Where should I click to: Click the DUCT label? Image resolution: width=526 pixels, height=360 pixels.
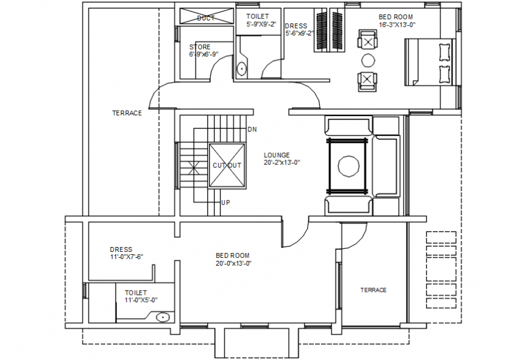coord(206,18)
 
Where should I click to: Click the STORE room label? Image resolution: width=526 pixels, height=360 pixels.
coord(200,47)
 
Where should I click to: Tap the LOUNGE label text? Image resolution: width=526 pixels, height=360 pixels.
coord(276,155)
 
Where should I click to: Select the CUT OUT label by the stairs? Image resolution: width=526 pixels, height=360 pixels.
coord(227,166)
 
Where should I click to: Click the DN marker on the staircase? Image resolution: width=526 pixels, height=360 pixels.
coord(253,130)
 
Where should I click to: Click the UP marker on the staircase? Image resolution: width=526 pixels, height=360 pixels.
coord(225,202)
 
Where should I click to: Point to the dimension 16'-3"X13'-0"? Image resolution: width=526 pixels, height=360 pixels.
coord(397,25)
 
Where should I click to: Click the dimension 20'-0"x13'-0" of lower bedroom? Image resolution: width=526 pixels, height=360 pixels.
coord(233,263)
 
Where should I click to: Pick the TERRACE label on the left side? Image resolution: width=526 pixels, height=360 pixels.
coord(127,113)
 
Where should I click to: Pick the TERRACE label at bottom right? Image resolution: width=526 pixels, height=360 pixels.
coord(373,290)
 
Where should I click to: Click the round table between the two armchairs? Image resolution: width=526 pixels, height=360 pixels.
coord(367,60)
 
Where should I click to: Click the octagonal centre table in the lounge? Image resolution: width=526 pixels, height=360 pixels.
coord(348,166)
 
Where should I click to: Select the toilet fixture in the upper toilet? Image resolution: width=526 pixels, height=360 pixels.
coord(241,69)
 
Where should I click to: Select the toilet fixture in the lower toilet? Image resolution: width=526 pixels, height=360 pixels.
coord(162,317)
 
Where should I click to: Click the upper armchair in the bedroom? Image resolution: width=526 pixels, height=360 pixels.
coord(367,40)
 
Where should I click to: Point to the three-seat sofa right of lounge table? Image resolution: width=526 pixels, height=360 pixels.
coord(386,166)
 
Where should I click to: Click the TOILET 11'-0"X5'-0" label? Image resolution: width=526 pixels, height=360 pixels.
coord(141,296)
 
